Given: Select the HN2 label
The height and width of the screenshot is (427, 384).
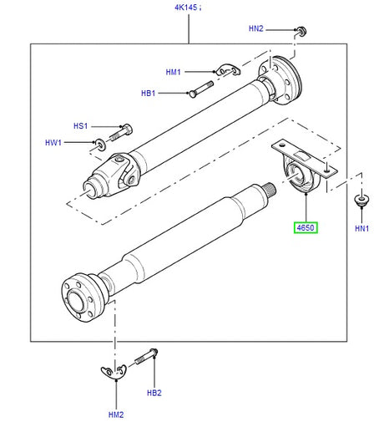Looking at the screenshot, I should click(x=255, y=28).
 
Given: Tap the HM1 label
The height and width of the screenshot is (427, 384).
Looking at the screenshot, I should click(x=173, y=72).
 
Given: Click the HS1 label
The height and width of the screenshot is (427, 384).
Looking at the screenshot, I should click(x=80, y=126).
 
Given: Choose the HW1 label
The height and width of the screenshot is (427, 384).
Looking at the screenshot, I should click(x=53, y=143).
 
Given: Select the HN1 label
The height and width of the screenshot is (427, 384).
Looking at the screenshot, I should click(x=361, y=228).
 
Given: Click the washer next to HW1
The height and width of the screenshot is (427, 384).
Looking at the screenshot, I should click(x=100, y=144).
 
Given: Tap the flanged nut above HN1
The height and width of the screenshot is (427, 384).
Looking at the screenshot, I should click(x=361, y=200).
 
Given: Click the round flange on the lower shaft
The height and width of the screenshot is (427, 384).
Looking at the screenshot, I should click(x=80, y=297).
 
